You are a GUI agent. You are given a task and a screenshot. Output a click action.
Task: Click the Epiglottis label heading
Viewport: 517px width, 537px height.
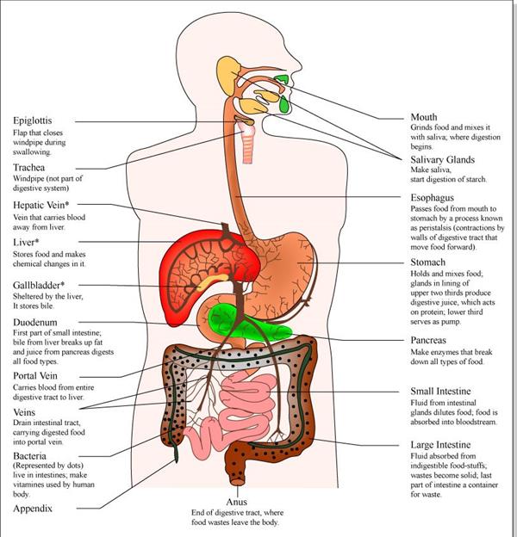click(x=34, y=120)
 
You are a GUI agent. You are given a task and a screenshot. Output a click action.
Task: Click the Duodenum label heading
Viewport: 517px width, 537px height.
click(x=37, y=323)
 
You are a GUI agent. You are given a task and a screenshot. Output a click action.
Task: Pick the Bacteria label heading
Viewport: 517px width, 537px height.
click(x=32, y=455)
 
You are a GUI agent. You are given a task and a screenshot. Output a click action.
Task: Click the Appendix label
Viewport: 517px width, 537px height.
click(x=34, y=509)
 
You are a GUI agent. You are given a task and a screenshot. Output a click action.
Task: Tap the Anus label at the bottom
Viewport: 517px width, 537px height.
click(x=237, y=501)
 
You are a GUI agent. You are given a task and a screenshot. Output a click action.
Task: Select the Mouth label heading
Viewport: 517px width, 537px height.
click(x=424, y=117)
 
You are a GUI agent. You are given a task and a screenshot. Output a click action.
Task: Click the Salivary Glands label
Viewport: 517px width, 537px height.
click(x=443, y=160)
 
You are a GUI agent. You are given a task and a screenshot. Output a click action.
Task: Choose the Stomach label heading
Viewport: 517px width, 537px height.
click(x=428, y=262)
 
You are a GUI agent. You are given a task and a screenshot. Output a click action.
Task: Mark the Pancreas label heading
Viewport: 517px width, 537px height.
click(x=428, y=341)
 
